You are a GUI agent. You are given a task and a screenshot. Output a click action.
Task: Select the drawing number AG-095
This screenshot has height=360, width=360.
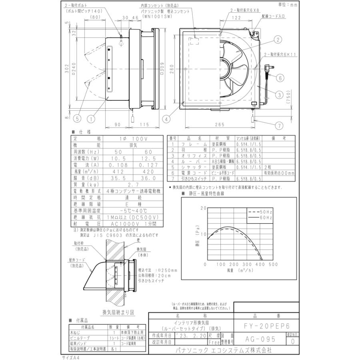click(x=260, y=339)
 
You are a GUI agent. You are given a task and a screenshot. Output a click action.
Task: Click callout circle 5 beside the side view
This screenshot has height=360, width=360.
click(x=77, y=118)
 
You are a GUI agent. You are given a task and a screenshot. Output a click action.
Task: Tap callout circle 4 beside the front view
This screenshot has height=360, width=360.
click(x=165, y=118)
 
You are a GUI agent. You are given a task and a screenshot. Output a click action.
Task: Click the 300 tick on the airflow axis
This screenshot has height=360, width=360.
click(x=247, y=264)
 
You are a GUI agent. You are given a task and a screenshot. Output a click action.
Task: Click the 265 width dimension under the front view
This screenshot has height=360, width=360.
click(x=218, y=124)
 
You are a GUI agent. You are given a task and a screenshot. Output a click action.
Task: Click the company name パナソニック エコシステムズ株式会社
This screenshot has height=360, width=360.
click(x=224, y=349)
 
